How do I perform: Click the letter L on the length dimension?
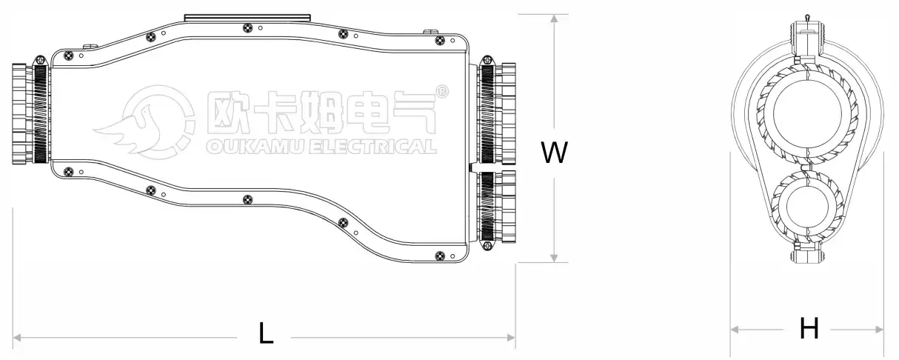point(266,334)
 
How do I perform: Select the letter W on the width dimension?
point(554,153)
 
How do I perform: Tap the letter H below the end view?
point(809,328)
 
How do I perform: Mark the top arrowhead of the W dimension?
point(554,19)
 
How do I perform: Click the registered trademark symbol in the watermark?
point(442,92)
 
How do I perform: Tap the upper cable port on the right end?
point(496,113)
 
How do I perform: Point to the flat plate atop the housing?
point(247,16)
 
